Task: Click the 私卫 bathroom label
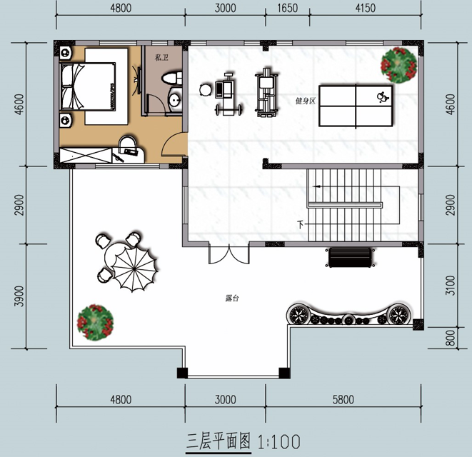point(161,58)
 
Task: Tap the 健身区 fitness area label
point(305,101)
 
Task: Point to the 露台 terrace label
point(232,298)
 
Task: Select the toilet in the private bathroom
point(172,79)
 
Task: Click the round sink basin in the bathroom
point(175,100)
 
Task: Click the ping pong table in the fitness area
point(356,106)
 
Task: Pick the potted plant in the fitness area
point(399,65)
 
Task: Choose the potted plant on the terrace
point(95,323)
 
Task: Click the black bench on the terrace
point(350,257)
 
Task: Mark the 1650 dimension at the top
point(287,8)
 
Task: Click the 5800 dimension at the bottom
point(343,399)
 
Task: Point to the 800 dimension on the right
point(450,338)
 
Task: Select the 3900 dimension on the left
point(19,296)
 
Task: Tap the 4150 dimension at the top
point(365,8)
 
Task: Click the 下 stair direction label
point(301,225)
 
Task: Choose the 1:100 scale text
point(279,441)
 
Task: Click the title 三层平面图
point(219,441)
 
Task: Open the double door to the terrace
point(229,253)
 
